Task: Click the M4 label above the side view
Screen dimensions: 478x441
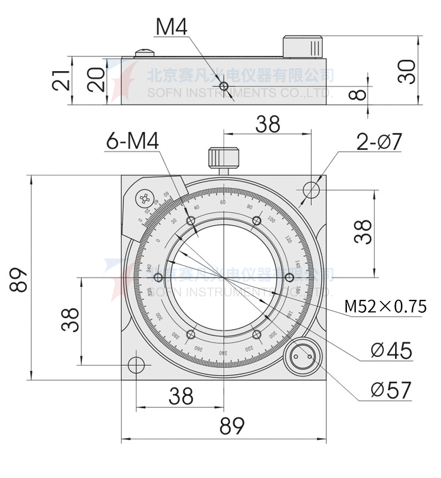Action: [x=171, y=27]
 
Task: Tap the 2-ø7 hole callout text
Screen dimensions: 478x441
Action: [x=379, y=142]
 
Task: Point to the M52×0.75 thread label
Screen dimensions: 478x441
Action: [x=385, y=306]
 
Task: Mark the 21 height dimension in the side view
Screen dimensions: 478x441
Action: [x=61, y=81]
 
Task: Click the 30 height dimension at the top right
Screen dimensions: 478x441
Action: [x=406, y=71]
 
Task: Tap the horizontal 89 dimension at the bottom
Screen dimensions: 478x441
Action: [x=231, y=426]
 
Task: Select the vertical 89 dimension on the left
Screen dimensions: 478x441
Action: [x=19, y=280]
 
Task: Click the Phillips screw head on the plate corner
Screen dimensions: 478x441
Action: [x=144, y=199]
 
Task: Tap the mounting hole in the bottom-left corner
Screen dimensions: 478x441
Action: [x=136, y=365]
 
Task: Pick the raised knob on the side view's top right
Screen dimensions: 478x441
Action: [x=303, y=46]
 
